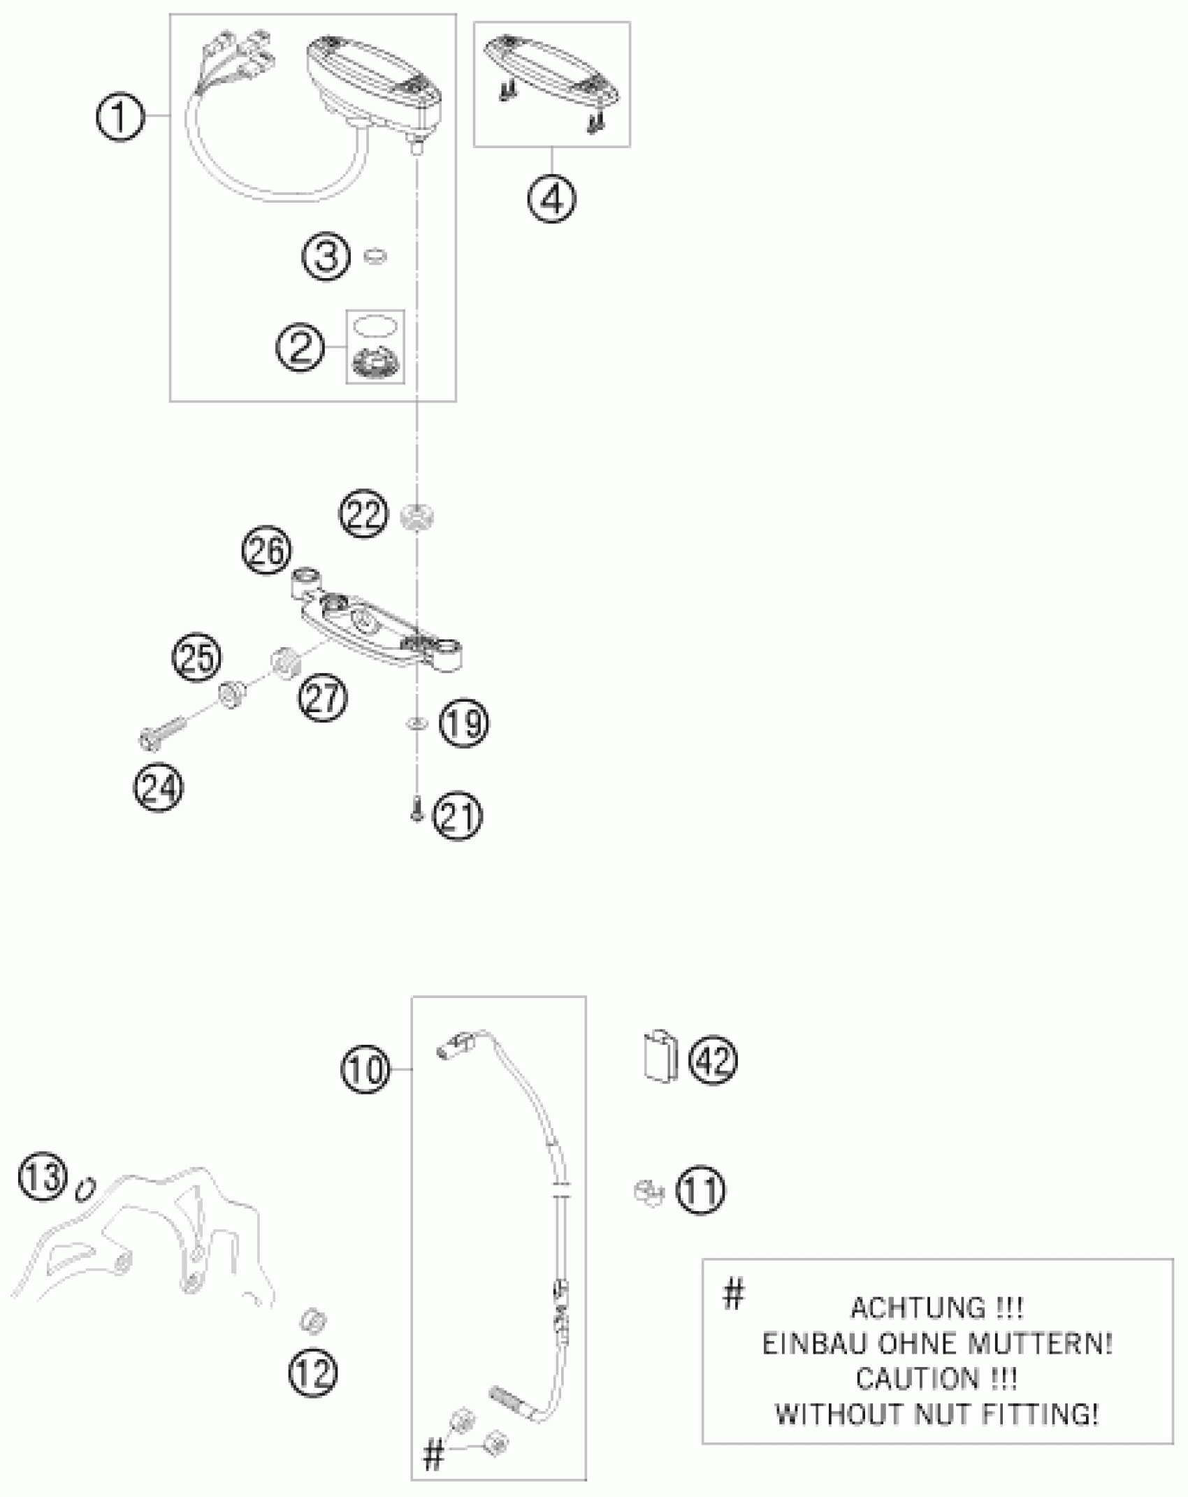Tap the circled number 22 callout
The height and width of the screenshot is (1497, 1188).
pyautogui.click(x=363, y=515)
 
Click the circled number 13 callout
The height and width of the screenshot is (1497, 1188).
pyautogui.click(x=43, y=1176)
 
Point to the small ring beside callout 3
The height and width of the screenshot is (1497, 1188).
pyautogui.click(x=376, y=256)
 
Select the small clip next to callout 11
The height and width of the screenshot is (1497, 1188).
pyautogui.click(x=649, y=1192)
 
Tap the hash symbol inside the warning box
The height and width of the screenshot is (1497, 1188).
pyautogui.click(x=733, y=1294)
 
